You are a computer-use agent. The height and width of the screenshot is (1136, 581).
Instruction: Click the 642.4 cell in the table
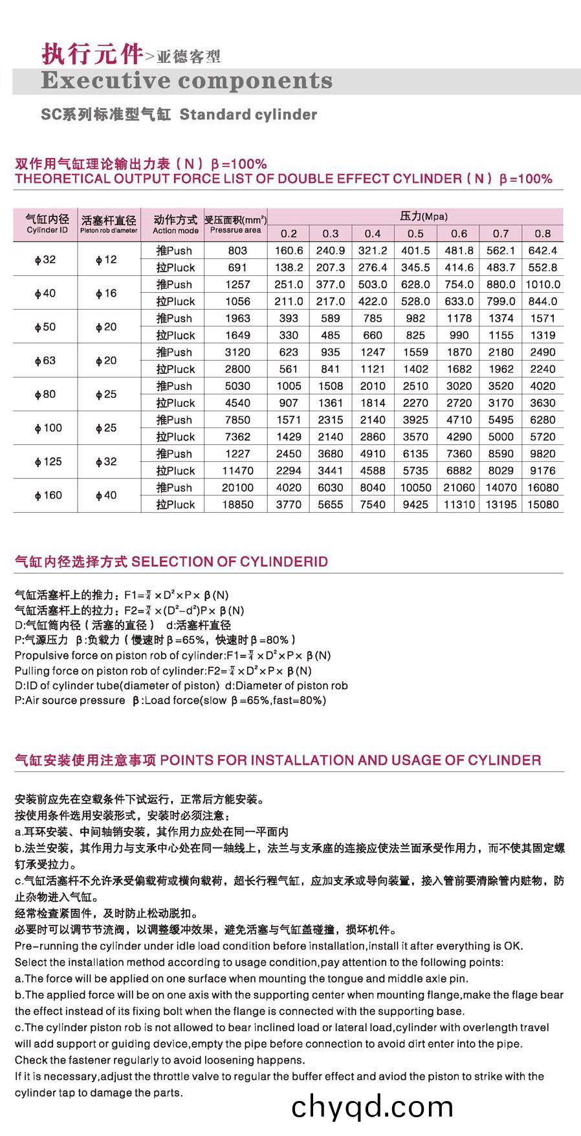click(x=542, y=251)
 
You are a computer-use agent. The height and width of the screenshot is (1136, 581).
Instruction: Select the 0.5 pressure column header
click(x=415, y=234)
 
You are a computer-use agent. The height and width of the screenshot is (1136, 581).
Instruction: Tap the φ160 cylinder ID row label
click(x=49, y=495)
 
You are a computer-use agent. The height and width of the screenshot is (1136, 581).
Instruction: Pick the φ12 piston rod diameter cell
click(x=106, y=260)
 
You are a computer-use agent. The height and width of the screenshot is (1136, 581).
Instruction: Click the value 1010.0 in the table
click(x=542, y=284)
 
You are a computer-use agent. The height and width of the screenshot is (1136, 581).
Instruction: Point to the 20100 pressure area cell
click(x=237, y=488)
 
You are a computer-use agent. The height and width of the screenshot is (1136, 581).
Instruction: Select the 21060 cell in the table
click(x=459, y=488)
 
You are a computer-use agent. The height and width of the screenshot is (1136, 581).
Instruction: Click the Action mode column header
click(x=175, y=224)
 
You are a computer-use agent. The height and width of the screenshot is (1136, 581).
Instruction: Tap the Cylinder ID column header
click(x=47, y=224)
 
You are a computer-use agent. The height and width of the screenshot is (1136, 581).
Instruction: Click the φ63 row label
click(x=45, y=361)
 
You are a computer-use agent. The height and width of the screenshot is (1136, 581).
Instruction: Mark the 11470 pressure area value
click(x=237, y=471)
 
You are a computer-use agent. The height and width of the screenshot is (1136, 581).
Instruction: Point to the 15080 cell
click(x=542, y=505)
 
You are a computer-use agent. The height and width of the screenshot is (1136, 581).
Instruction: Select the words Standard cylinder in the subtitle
click(x=248, y=115)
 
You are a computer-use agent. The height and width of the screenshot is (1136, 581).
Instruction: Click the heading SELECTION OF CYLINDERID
click(x=230, y=562)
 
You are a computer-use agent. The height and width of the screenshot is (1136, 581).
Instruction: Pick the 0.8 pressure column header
click(x=542, y=234)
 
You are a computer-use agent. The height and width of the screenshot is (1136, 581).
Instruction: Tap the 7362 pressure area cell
click(x=237, y=437)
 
